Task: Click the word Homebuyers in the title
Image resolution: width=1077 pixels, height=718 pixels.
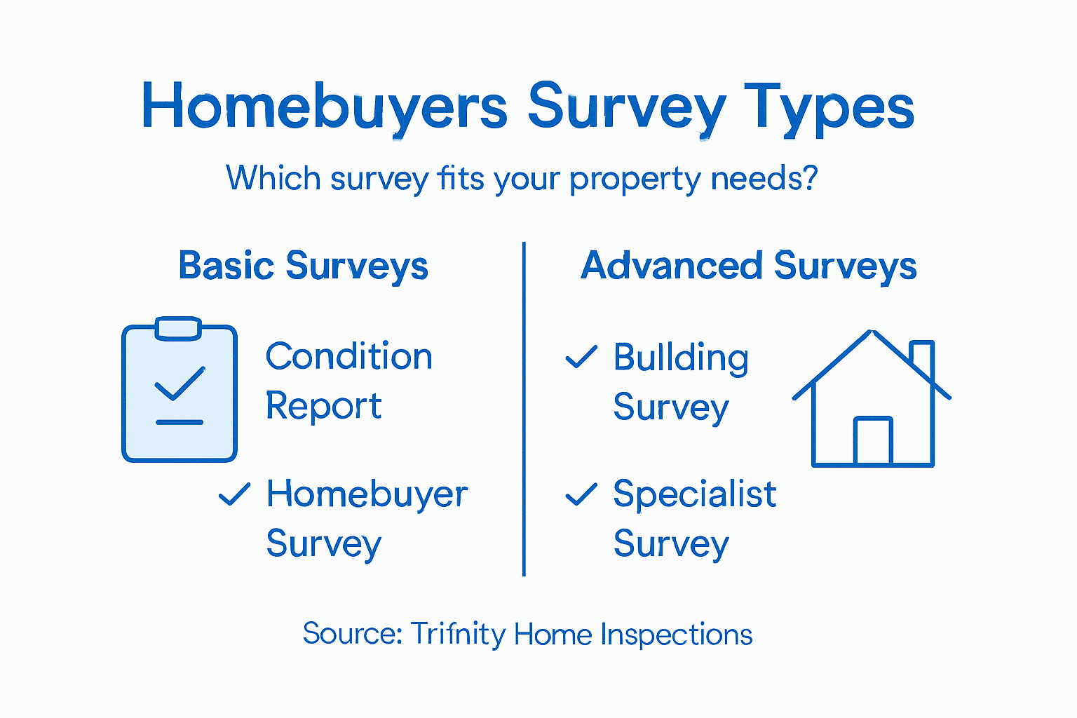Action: coord(324,107)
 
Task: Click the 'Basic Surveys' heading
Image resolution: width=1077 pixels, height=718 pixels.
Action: coord(303,266)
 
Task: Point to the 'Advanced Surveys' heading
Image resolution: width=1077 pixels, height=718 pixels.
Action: coord(748,266)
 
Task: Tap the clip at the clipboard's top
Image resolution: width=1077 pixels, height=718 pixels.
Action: coord(178,328)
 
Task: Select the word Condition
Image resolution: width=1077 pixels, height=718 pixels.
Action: coord(348,356)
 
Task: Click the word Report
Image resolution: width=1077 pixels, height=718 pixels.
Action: coord(323,406)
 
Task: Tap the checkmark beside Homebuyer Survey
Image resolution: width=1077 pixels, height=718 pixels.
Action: coord(234,494)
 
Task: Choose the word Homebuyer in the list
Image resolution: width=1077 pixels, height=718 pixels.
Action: coord(367,494)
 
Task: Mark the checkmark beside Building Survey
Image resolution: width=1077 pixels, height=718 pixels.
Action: coord(581,356)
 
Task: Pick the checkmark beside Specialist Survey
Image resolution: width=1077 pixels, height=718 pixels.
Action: coord(581,494)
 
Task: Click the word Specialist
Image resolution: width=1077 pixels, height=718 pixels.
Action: coord(694,494)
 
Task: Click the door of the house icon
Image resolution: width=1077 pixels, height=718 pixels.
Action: coord(873,442)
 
